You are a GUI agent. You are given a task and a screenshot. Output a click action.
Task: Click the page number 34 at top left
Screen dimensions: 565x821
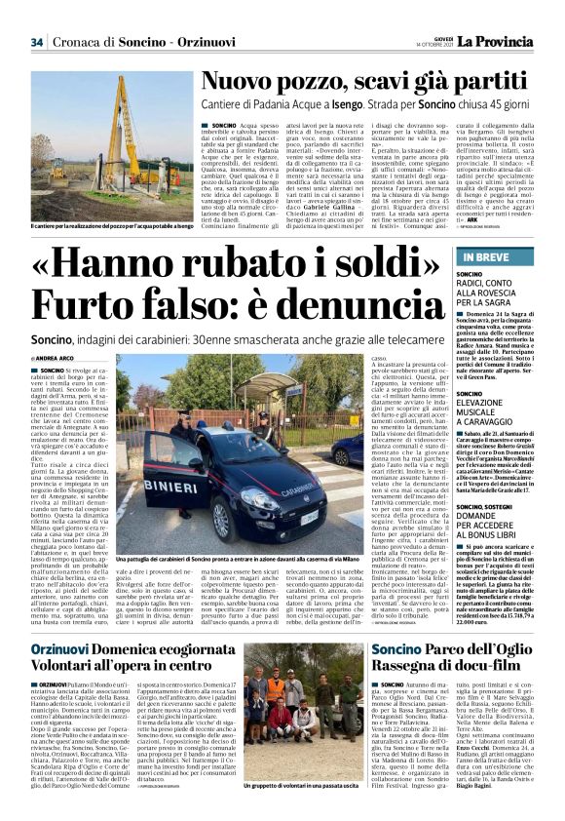pyautogui.click(x=37, y=42)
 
